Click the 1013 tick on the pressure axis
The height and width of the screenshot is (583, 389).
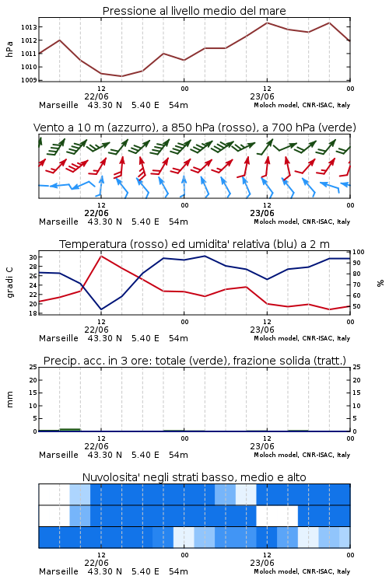(29, 27)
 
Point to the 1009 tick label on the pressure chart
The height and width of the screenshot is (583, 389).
(29, 80)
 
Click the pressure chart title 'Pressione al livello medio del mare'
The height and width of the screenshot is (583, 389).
(194, 11)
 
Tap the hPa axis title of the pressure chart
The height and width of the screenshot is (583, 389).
(9, 49)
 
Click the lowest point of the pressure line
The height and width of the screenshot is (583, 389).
(121, 76)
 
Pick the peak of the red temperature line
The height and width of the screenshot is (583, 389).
(101, 256)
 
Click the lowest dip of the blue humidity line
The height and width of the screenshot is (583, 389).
(101, 309)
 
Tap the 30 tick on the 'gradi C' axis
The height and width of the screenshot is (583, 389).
(33, 257)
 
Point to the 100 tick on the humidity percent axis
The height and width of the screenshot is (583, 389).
(359, 252)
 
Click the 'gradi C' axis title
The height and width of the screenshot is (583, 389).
(10, 282)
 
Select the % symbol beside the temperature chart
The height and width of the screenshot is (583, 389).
(380, 283)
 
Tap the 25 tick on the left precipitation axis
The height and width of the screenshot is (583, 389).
(33, 367)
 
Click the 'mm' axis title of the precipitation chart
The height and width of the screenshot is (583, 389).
(9, 400)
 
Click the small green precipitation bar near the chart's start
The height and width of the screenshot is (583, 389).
(70, 430)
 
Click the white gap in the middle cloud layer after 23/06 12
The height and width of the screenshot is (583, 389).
(277, 515)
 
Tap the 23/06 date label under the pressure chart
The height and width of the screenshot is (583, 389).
(262, 96)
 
